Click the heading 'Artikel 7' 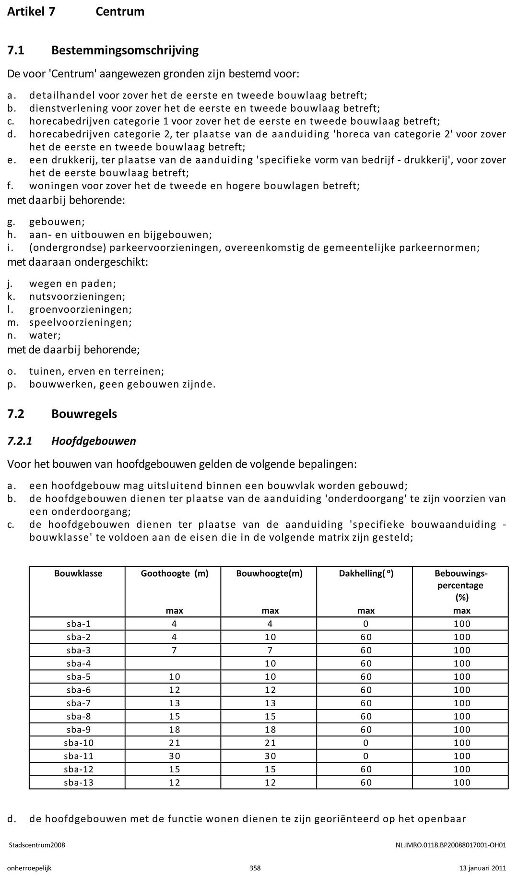pos(31,12)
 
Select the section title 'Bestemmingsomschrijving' pos(125,50)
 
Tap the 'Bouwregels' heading pos(84,414)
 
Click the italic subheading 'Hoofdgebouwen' pos(94,441)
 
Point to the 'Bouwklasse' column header pos(78,573)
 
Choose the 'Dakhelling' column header pos(366,573)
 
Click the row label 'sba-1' pos(78,624)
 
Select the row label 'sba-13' pos(78,782)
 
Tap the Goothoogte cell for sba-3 pos(174,650)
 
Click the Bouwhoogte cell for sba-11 pos(270,756)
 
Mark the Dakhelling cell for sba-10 pos(366,743)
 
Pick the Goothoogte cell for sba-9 pos(174,730)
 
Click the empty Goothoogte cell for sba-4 pos(174,663)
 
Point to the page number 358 pos(255,868)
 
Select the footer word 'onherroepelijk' pos(29,868)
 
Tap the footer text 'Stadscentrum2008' pos(37,845)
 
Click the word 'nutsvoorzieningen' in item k pos(77,296)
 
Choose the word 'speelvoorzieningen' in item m pos(80,322)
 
